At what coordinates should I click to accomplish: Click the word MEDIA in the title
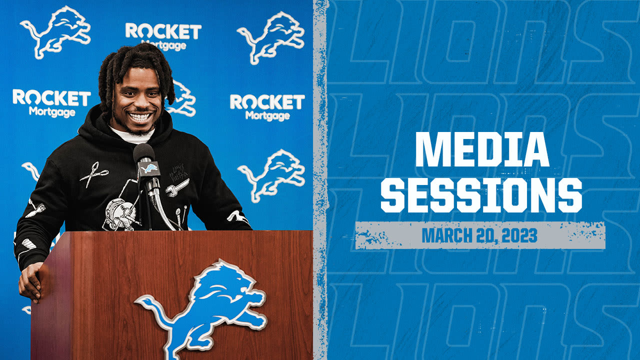(482, 150)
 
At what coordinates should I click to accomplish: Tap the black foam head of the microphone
(143, 153)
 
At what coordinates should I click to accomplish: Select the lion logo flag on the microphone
(149, 169)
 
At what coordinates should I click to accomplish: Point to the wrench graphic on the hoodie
(177, 187)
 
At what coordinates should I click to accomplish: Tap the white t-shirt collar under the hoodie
(131, 135)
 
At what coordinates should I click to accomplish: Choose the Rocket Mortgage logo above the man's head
(163, 36)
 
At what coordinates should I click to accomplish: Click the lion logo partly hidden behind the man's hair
(182, 97)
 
